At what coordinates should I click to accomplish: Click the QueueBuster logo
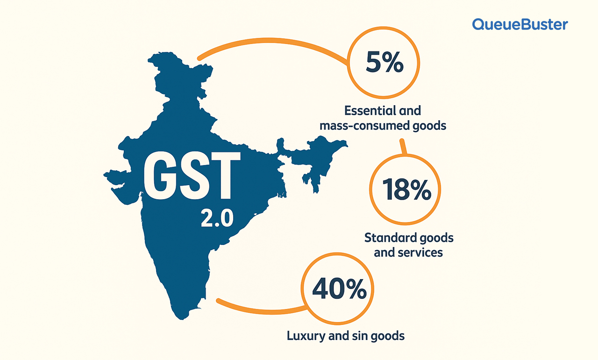tap(520, 24)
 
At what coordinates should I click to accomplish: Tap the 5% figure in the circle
tap(384, 64)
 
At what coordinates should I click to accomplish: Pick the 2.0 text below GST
tap(216, 218)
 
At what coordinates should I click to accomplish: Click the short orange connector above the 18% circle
tap(403, 147)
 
